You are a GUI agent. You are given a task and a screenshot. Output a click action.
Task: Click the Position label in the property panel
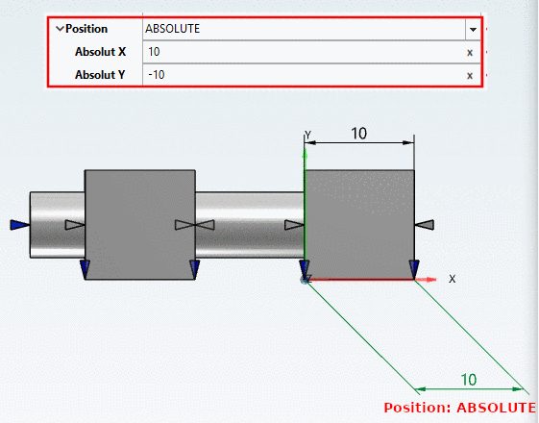tap(86, 29)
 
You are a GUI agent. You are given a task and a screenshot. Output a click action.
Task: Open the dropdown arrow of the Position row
tap(472, 30)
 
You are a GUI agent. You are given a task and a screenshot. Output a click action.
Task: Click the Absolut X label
tap(101, 52)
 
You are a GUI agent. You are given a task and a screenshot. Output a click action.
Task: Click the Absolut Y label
tap(101, 74)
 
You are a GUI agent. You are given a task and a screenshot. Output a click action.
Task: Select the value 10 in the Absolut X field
tap(155, 52)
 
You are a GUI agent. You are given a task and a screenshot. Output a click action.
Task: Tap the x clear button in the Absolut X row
tap(470, 53)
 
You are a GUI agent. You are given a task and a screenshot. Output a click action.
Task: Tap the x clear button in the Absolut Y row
tap(470, 75)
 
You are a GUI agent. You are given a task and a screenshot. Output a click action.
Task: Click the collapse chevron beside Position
tap(60, 29)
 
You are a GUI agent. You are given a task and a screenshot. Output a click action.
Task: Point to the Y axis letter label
tap(307, 136)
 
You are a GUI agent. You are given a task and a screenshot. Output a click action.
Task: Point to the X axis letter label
tap(452, 278)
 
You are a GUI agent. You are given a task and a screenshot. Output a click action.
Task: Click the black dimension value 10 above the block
tap(358, 134)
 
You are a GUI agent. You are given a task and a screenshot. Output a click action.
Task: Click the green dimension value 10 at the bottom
tap(469, 379)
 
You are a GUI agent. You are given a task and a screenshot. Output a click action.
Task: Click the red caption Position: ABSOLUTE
tap(458, 407)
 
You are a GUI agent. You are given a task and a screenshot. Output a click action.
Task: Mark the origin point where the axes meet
tap(305, 280)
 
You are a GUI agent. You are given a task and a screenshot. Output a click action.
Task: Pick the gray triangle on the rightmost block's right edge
tap(426, 224)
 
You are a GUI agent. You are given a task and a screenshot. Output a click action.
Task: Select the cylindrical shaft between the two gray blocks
tap(250, 224)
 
